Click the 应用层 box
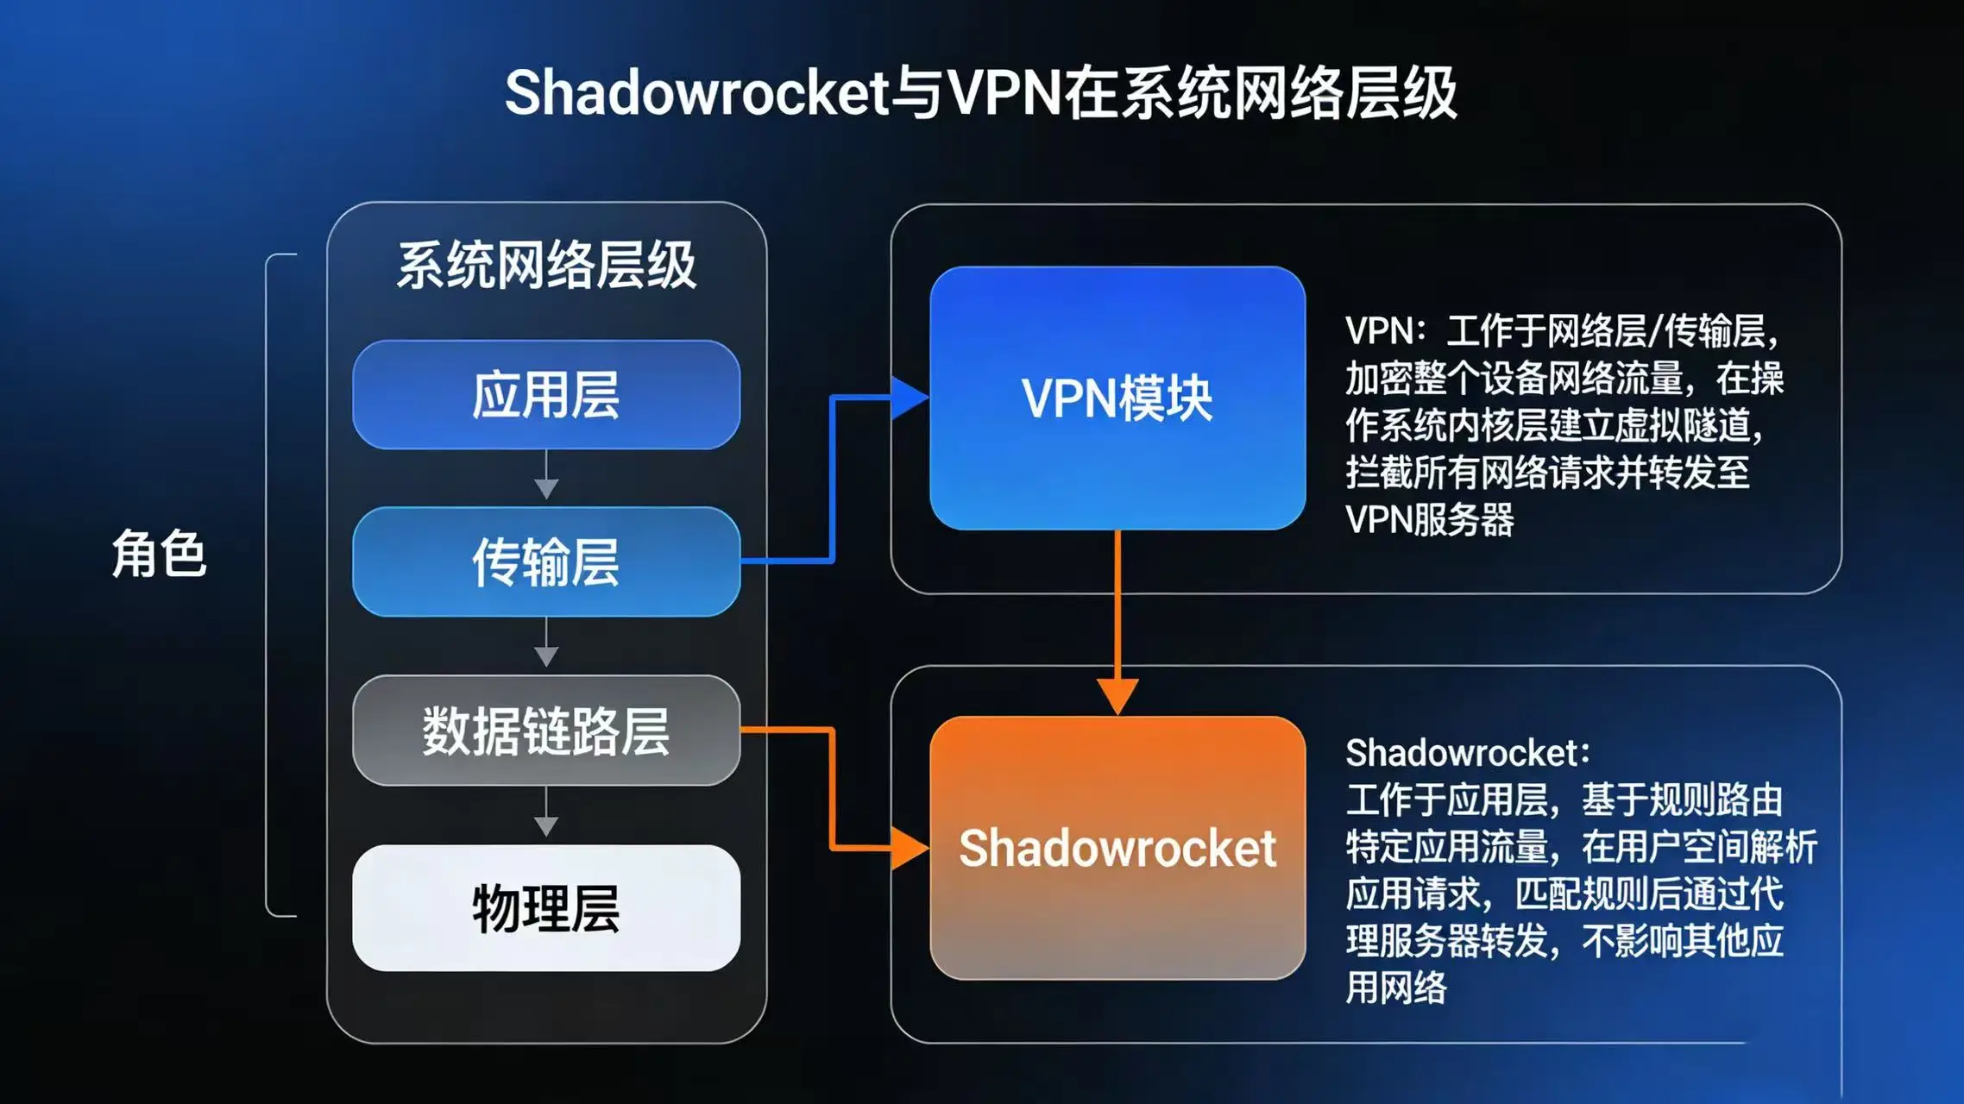(x=546, y=395)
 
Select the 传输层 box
(x=546, y=561)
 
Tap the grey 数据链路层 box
(x=546, y=731)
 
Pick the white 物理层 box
(x=546, y=908)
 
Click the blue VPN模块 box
(x=1117, y=398)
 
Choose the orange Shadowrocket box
(x=1117, y=848)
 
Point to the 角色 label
(x=159, y=554)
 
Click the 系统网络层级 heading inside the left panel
(x=546, y=265)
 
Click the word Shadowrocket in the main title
(x=696, y=93)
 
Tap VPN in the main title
(x=1004, y=93)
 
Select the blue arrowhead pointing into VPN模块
(x=909, y=398)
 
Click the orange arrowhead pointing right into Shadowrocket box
(x=909, y=848)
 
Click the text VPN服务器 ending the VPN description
(x=1429, y=520)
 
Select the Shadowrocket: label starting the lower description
(x=1467, y=753)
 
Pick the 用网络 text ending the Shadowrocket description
(x=1396, y=988)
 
